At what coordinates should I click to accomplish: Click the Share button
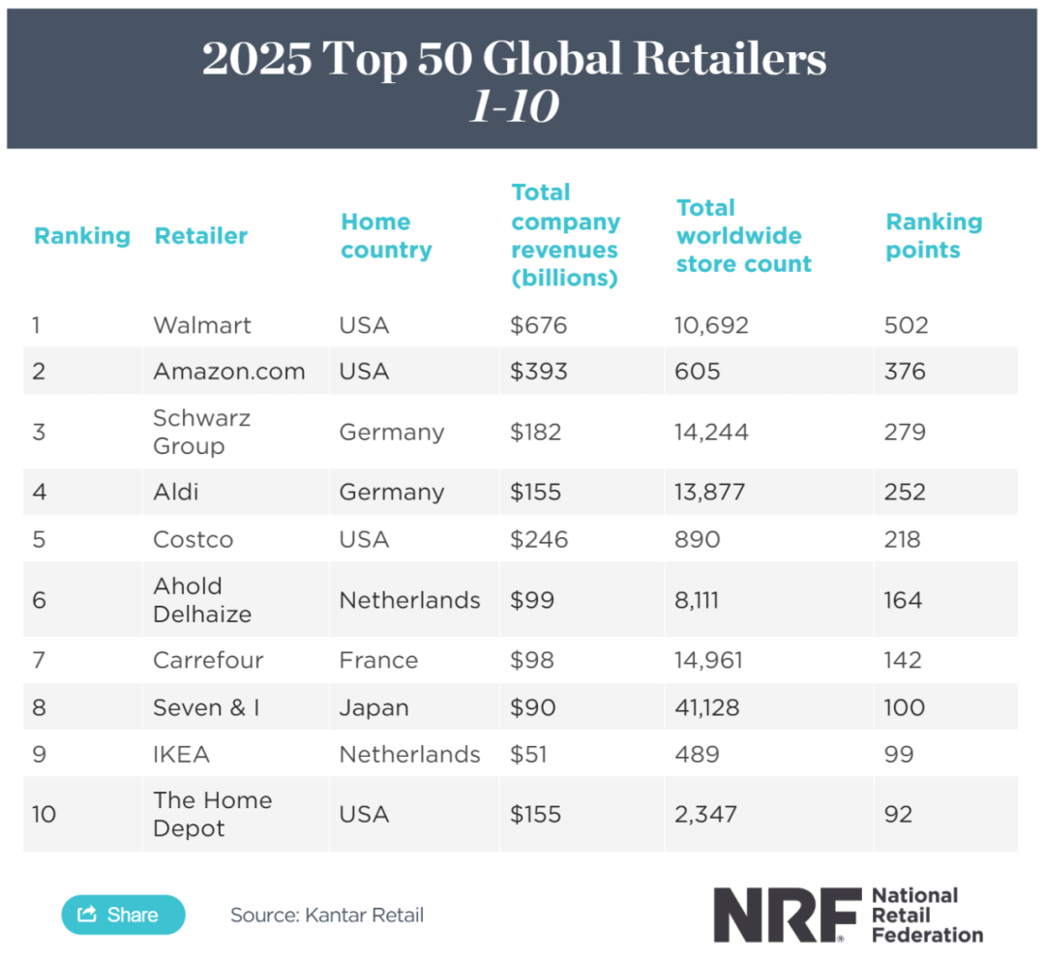123,915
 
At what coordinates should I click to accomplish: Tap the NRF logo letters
787,915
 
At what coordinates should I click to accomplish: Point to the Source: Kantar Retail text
327,915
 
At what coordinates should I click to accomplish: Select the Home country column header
386,236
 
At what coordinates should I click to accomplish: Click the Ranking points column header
934,236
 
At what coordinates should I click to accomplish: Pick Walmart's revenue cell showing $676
539,325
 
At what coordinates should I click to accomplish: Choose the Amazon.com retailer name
229,372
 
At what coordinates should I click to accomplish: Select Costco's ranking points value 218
903,539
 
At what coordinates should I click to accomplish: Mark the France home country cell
378,660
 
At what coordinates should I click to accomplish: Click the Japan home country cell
373,707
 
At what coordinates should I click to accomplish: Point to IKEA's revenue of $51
528,754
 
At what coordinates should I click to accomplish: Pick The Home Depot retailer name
212,814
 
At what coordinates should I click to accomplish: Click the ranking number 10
44,814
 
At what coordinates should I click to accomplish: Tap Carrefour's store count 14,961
709,660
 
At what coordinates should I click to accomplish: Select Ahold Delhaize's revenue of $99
532,600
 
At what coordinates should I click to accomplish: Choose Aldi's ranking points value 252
906,492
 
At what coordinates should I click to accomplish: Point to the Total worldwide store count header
743,236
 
